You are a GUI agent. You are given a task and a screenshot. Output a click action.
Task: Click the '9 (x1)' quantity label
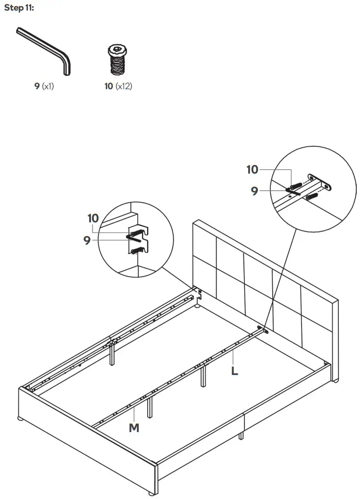[x=44, y=86]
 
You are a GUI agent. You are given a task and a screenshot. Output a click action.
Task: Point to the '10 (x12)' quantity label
[x=118, y=86]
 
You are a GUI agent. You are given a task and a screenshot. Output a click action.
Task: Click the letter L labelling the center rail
[x=234, y=371]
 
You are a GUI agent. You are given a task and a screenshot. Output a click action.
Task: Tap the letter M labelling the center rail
[x=134, y=428]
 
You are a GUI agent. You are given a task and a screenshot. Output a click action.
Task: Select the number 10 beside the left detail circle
[x=93, y=218]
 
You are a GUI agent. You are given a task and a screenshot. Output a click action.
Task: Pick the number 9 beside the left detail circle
[x=87, y=241]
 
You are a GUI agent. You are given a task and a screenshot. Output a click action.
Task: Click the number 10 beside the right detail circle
[x=253, y=170]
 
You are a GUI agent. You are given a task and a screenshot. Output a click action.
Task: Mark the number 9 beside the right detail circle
[x=255, y=191]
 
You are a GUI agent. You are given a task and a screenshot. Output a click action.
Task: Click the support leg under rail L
[x=203, y=376]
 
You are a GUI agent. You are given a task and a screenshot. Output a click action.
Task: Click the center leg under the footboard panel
[x=241, y=435]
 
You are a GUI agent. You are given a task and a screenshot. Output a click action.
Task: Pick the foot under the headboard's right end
[x=335, y=379]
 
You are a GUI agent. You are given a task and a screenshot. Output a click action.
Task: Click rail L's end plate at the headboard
[x=262, y=329]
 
